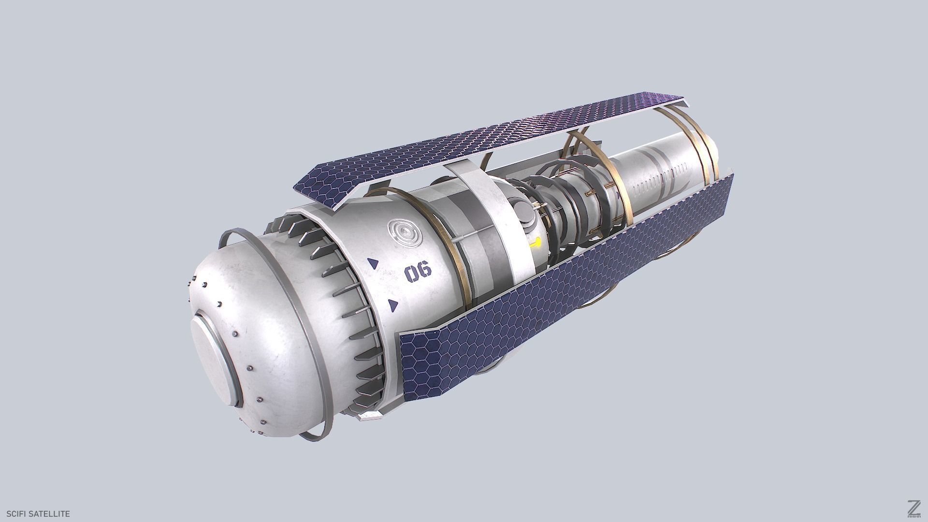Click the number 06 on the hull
[418, 273]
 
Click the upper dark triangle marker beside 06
[373, 264]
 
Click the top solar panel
[483, 140]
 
